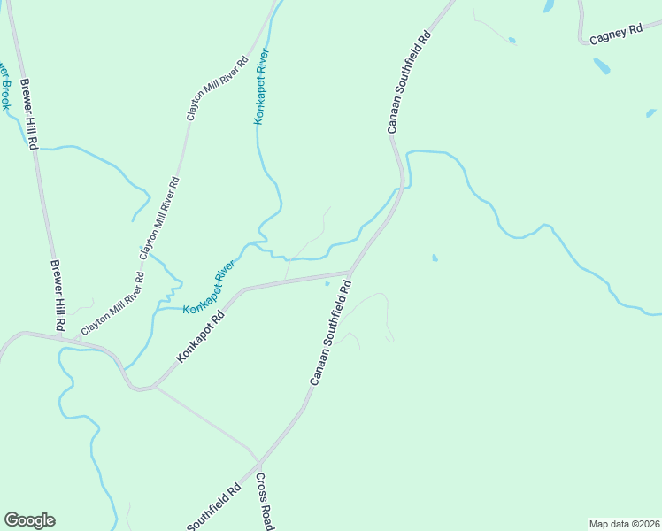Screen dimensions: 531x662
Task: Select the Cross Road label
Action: tap(264, 501)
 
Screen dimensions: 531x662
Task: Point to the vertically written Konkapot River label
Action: tap(260, 86)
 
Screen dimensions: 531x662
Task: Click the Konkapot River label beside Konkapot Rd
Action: tap(210, 288)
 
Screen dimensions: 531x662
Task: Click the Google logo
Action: tap(29, 520)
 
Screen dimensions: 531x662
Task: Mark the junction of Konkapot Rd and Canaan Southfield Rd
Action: tap(351, 272)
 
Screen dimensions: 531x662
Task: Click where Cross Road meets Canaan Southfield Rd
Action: tap(258, 463)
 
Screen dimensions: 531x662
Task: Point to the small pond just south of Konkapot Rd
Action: tap(327, 284)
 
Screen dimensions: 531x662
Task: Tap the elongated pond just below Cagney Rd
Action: tap(602, 65)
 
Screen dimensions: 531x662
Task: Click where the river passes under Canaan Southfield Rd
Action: tap(402, 187)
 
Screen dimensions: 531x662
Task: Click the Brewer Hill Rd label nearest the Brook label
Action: tap(28, 112)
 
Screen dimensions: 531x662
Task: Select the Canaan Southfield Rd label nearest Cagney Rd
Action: tap(408, 83)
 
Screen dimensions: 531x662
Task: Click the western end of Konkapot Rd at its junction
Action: tap(153, 387)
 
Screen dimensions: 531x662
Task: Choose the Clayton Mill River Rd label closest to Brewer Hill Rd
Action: tap(112, 304)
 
